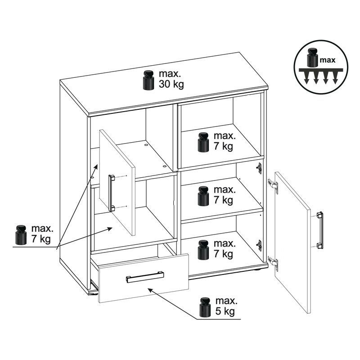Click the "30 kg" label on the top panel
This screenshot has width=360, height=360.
(x=171, y=84)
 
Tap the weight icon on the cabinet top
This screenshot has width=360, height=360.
(x=148, y=80)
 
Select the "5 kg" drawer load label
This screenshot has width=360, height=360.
(x=225, y=311)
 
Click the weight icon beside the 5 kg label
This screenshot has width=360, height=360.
(x=205, y=307)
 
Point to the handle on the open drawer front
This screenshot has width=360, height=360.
(x=145, y=277)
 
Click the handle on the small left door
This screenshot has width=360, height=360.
(x=112, y=193)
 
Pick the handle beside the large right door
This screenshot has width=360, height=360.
(x=320, y=230)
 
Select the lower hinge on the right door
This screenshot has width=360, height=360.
(x=273, y=263)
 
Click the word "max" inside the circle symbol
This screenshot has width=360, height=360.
(x=328, y=60)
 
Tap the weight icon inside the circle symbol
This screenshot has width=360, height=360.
(x=312, y=58)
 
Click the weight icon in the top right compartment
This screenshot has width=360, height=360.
(x=203, y=142)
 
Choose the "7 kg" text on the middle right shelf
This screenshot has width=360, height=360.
(x=223, y=200)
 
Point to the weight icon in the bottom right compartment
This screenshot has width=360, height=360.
(x=203, y=250)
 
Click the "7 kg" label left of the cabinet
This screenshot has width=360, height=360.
(x=41, y=239)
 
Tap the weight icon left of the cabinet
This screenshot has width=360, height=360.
(x=21, y=235)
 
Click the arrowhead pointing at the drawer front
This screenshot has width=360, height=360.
(x=150, y=290)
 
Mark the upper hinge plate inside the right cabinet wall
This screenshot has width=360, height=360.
(x=260, y=168)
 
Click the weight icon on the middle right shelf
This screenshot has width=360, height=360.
(x=203, y=196)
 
